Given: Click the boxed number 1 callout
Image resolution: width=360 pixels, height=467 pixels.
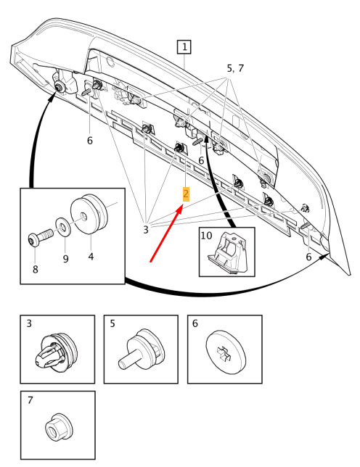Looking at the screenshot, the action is (184, 46).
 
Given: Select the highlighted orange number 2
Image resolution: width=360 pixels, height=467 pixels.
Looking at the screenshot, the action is (186, 194).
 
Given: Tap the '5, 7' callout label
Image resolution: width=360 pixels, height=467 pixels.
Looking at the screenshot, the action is (235, 68).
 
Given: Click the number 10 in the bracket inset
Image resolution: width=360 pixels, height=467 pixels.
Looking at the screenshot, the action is (206, 235).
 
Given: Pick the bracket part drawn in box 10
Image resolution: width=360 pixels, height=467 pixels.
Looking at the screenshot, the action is (229, 252).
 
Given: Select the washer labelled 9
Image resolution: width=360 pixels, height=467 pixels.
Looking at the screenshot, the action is (63, 228).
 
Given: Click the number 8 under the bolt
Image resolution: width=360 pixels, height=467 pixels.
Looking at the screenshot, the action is (36, 269).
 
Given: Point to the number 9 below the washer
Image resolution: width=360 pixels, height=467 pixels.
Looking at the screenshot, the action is (65, 258).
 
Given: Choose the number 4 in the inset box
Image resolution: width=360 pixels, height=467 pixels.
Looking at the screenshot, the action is (91, 257).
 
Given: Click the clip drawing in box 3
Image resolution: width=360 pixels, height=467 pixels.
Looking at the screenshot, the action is (56, 351).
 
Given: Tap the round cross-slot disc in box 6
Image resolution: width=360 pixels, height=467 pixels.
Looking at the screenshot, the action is (226, 351).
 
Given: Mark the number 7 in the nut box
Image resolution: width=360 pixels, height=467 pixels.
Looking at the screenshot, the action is (30, 400).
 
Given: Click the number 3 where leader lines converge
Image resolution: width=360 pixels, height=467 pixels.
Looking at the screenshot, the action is (145, 230).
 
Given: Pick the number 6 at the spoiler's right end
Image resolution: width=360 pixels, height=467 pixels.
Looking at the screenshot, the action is (308, 257).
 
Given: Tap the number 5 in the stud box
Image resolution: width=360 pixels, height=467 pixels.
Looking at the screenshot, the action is (112, 323).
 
